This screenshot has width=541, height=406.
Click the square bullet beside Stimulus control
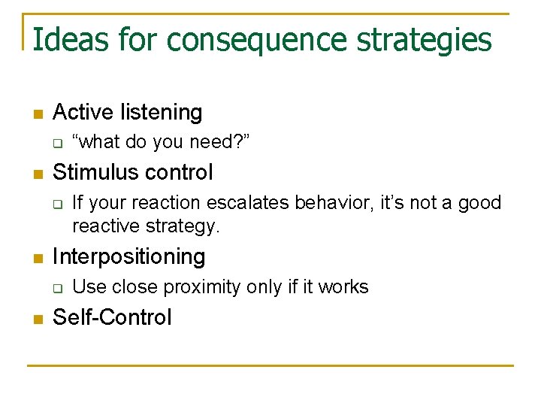(x=38, y=174)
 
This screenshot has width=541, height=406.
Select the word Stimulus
(x=93, y=172)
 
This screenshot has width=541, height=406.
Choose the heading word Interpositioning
(x=128, y=257)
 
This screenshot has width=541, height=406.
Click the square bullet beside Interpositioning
(x=38, y=259)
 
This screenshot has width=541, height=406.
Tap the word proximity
(x=196, y=287)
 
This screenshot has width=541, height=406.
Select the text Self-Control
(x=112, y=317)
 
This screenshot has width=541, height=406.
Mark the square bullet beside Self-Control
(x=38, y=320)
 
